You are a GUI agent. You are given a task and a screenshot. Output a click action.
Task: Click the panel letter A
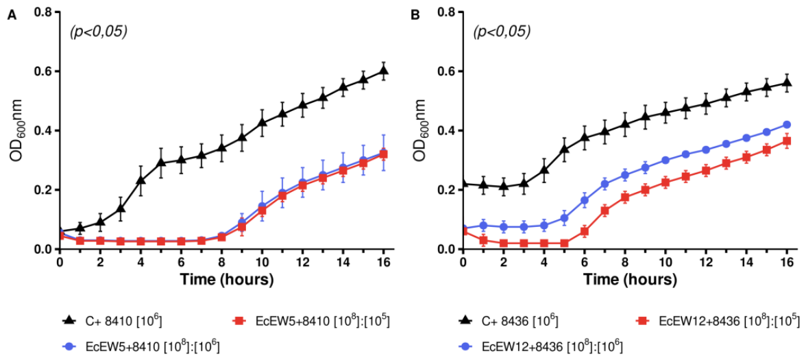point(10,16)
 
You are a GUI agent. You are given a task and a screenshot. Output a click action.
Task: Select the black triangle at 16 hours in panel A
point(382,71)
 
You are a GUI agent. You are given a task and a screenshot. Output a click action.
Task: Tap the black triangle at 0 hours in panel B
point(463,184)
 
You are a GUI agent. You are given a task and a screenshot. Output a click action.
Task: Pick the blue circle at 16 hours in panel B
point(786,125)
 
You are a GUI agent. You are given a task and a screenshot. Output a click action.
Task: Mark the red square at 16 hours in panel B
point(786,141)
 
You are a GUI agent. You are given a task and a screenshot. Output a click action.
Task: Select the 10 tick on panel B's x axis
point(665,261)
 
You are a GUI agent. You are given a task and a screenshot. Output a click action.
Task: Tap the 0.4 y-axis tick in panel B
point(445,130)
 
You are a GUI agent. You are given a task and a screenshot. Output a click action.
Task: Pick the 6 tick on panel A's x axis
point(180,261)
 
